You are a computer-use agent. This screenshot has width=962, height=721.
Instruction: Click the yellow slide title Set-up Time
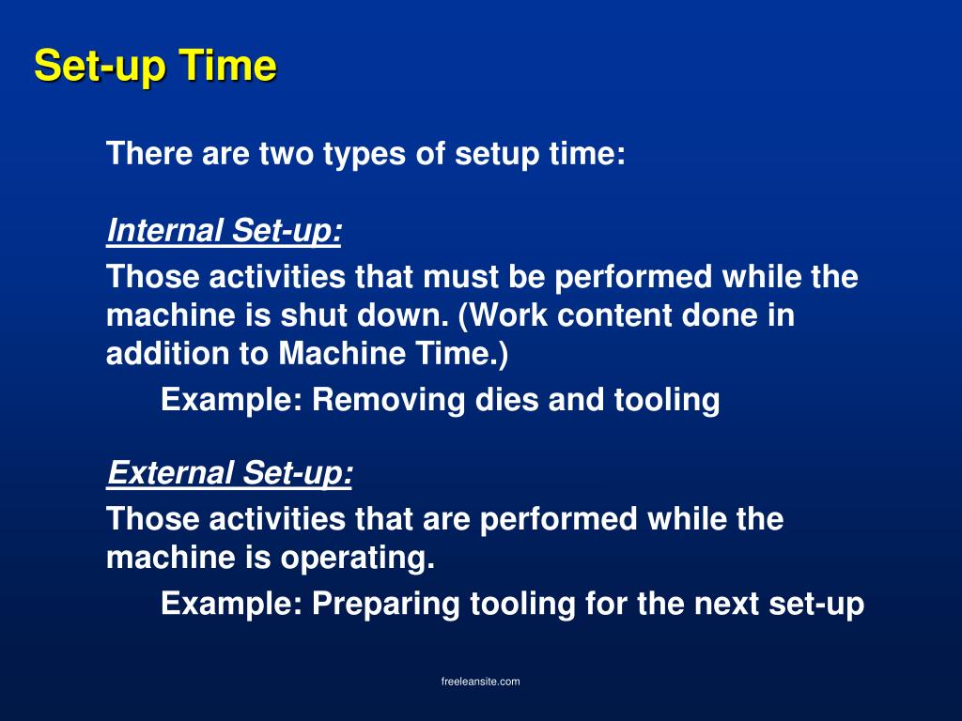point(155,67)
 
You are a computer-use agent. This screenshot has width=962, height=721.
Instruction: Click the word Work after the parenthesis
point(505,315)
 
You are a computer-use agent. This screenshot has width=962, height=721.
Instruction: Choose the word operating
point(357,559)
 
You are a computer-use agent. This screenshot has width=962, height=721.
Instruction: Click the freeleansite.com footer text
point(480,682)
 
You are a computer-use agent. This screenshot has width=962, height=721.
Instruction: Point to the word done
point(721,315)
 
